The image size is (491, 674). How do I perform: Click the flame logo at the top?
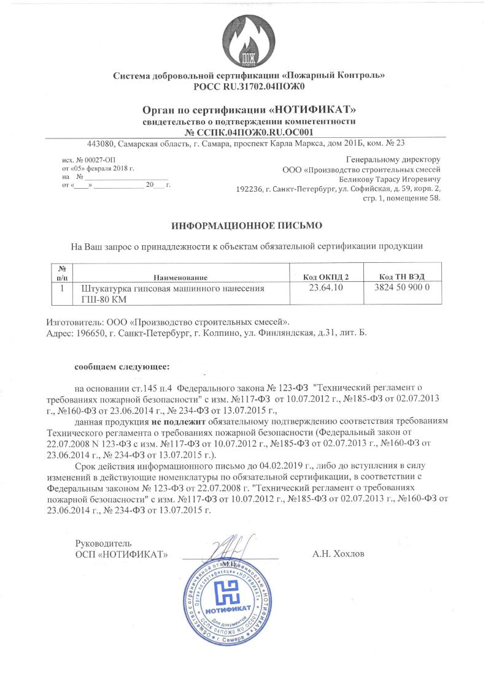(249, 37)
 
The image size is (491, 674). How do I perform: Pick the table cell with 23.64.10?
(322, 288)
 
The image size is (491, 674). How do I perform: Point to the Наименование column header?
(180, 278)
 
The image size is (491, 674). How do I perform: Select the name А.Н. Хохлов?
(338, 554)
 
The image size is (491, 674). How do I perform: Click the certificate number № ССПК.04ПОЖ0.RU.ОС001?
(249, 132)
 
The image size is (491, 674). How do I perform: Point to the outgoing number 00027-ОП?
(75, 159)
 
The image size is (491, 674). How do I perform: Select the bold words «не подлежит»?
(178, 422)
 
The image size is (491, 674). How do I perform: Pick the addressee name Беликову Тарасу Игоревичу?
(390, 180)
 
